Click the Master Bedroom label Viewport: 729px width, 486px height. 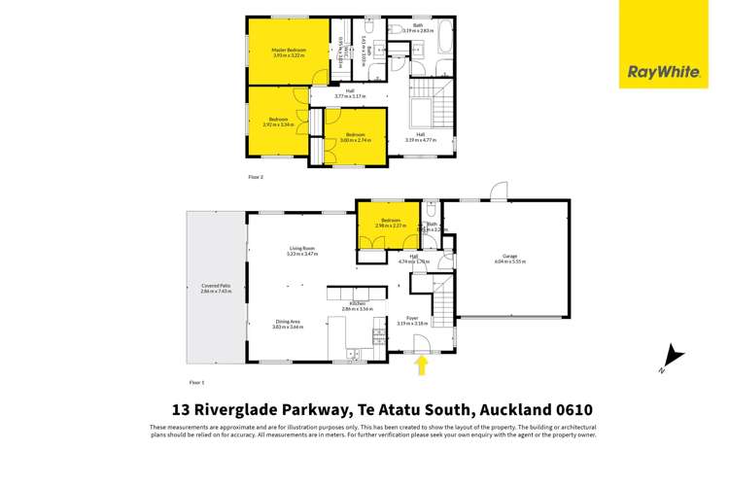pyautogui.click(x=289, y=50)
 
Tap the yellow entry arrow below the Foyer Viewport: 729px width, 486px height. pyautogui.click(x=421, y=364)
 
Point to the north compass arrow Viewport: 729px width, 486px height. pyautogui.click(x=668, y=358)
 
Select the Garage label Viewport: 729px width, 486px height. pyautogui.click(x=509, y=257)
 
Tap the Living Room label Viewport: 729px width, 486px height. pyautogui.click(x=302, y=249)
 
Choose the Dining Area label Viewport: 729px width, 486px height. pyautogui.click(x=288, y=323)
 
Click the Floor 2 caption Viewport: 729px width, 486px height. pyautogui.click(x=256, y=177)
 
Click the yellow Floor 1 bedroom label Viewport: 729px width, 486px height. pyautogui.click(x=391, y=221)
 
